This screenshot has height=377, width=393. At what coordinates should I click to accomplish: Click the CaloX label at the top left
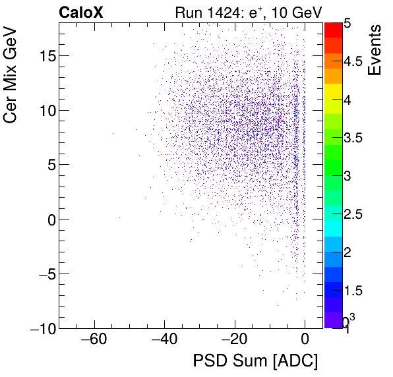(82, 12)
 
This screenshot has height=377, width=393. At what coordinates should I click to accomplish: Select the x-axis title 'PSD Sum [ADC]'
(255, 362)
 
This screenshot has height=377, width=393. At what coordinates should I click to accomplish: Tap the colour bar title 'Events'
(375, 50)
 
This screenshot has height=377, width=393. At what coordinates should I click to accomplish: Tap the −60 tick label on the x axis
(94, 341)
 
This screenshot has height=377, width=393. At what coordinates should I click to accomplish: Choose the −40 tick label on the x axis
(164, 341)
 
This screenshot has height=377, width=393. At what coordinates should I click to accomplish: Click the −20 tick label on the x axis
(234, 341)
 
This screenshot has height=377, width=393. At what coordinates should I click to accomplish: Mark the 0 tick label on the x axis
(305, 341)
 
